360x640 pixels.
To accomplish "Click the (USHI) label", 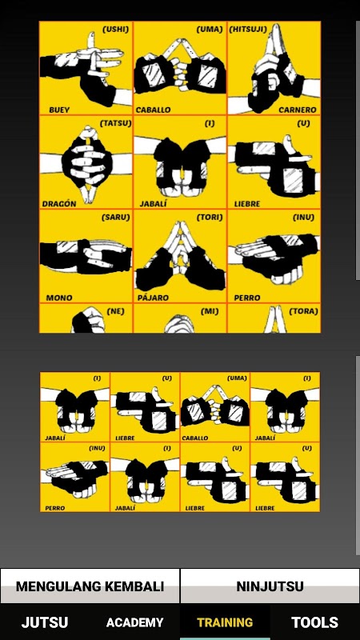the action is click(x=115, y=30).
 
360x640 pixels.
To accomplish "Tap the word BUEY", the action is click(x=59, y=110).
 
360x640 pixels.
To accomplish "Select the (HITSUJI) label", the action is click(x=248, y=30).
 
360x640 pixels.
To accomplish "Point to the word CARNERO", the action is click(x=298, y=110).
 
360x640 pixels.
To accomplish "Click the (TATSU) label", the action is click(x=115, y=123).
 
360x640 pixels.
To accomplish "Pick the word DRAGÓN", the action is click(x=59, y=204).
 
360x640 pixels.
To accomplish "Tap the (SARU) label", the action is click(x=115, y=217).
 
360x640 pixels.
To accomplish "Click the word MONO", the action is click(x=59, y=298).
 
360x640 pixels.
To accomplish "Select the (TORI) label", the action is click(x=210, y=217).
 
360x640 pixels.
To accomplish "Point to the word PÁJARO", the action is click(x=154, y=298).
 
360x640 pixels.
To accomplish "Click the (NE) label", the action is click(x=115, y=311).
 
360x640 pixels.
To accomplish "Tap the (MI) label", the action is click(x=210, y=311).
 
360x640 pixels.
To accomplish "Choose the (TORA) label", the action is click(x=303, y=311).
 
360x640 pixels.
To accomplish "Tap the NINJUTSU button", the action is click(x=270, y=586).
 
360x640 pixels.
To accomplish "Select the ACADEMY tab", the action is click(x=134, y=622).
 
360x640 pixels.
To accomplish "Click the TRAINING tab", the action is click(x=225, y=622).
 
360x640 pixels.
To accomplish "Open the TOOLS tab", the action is click(x=314, y=622).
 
